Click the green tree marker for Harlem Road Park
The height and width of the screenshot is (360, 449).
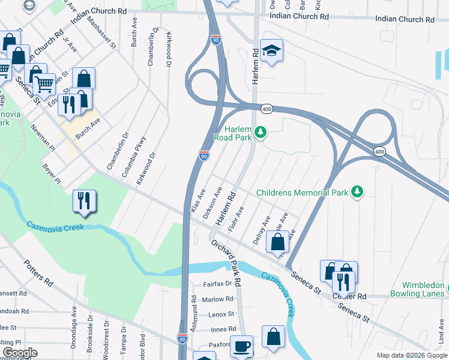[x=260, y=131]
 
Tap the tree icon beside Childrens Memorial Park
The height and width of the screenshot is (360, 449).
[x=357, y=192]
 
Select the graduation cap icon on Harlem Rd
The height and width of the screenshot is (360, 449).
[x=272, y=52]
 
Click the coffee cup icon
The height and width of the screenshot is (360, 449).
[x=241, y=346]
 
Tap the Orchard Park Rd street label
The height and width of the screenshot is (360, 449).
[x=226, y=262]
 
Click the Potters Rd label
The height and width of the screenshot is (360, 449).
[x=39, y=274]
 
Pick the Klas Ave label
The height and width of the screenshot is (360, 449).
[x=197, y=199]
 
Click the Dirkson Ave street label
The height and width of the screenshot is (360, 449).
[x=213, y=205]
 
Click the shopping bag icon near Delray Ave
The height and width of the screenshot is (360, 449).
[x=277, y=243]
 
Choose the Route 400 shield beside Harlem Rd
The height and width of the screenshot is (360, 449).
[x=267, y=109]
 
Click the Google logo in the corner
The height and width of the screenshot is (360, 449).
[x=19, y=352]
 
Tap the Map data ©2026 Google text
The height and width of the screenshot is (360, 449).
[x=411, y=355]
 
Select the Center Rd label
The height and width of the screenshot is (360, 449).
[x=353, y=296]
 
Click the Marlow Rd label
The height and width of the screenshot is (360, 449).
[x=217, y=299]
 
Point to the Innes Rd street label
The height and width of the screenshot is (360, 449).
[x=223, y=329]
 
